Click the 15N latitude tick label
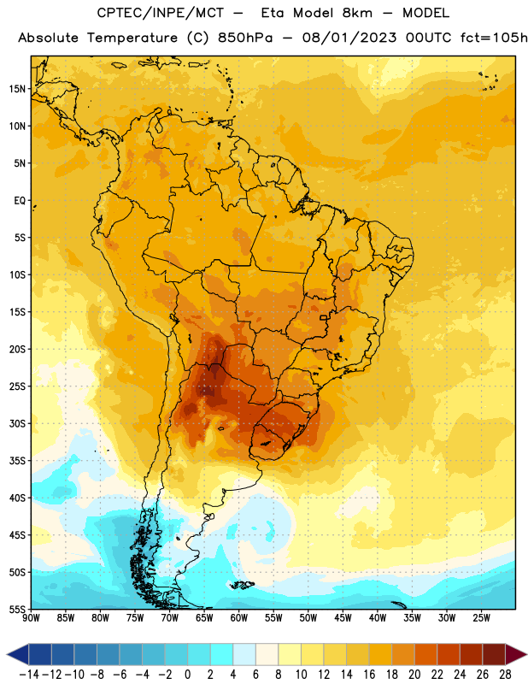point(17,89)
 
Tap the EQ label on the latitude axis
point(20,201)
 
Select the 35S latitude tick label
point(17,461)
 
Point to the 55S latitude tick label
point(17,609)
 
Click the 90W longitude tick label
point(31,618)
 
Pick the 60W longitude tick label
point(239,618)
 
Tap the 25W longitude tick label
point(481,618)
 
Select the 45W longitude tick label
point(343,618)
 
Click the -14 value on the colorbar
point(29,675)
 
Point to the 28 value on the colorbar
point(505,675)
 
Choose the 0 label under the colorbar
point(187,675)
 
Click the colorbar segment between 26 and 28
point(494,654)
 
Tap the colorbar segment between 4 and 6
point(244,654)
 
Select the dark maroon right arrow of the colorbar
point(516,654)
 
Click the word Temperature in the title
point(132,38)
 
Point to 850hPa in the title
point(245,38)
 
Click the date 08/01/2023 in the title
point(349,38)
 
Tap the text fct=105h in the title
point(494,38)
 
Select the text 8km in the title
point(357,13)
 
